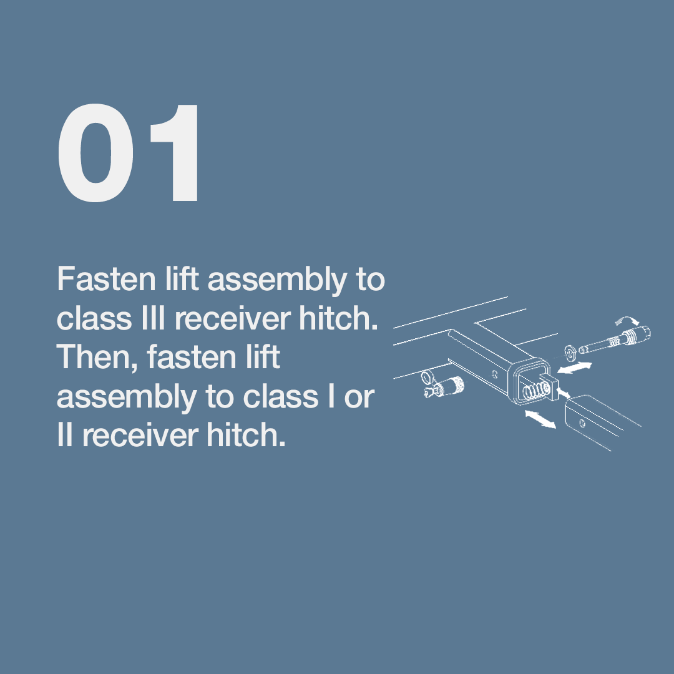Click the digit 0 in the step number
[95, 153]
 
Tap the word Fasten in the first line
[106, 279]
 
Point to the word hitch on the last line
[246, 434]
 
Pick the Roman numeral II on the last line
[64, 434]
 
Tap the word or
[359, 397]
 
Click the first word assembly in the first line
[277, 281]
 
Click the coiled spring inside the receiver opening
[536, 390]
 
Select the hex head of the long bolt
[640, 333]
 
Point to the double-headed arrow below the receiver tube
[540, 419]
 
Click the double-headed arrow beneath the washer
[574, 368]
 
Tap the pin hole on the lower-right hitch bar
[582, 423]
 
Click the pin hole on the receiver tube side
[495, 374]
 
